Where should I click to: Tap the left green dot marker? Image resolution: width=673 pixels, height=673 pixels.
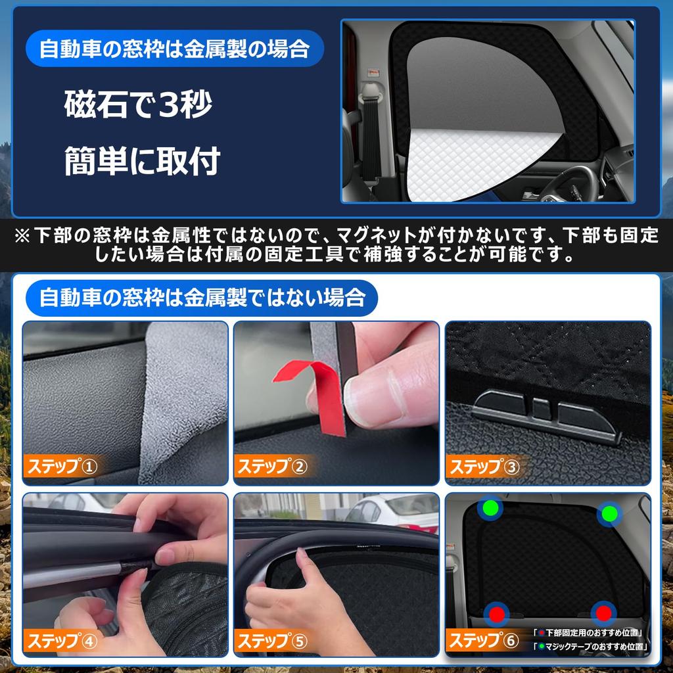tap(490, 508)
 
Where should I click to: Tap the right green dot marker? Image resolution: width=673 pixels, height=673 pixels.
tap(609, 513)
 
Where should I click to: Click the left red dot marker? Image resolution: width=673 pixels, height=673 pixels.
tap(497, 615)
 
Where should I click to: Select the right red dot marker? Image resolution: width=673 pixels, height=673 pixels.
tap(603, 614)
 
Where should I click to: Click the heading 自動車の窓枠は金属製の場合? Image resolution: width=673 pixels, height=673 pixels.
tap(174, 49)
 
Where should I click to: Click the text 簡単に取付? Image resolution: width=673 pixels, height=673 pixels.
tap(141, 161)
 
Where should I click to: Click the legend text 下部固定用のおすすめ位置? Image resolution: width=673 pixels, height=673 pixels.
tap(590, 633)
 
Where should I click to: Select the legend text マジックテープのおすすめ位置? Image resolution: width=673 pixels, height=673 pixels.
tap(590, 647)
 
